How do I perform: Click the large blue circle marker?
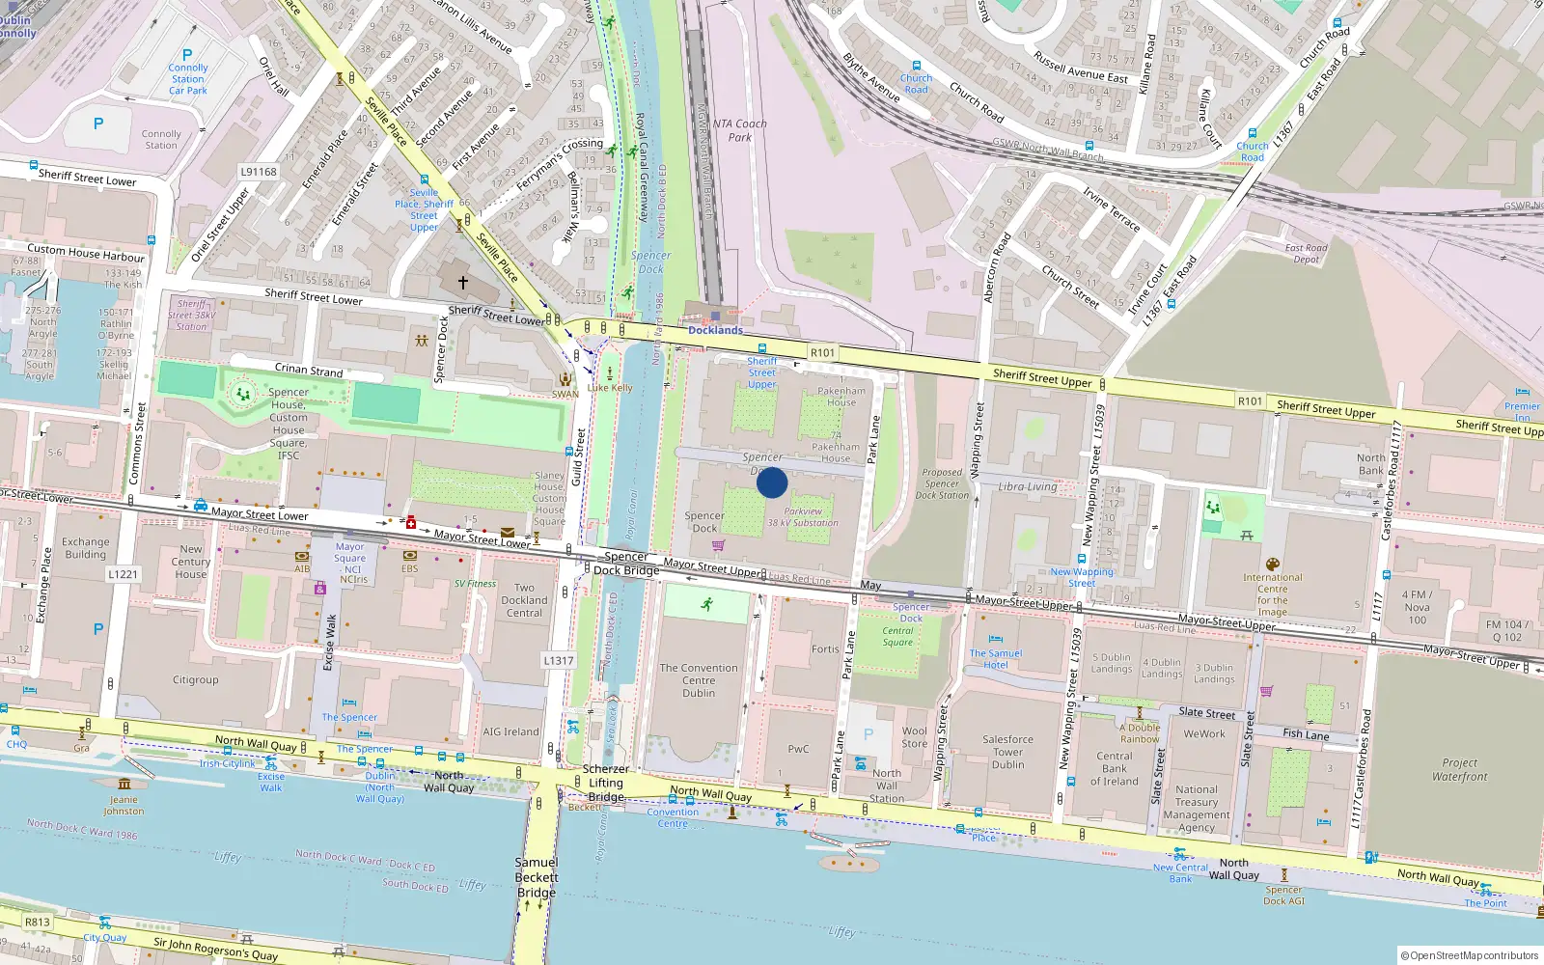(772, 482)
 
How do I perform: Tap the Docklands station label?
(715, 330)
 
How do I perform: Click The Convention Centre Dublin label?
(699, 680)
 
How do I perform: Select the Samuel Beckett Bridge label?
(537, 877)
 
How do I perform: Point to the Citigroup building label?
(196, 679)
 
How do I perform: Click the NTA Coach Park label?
(739, 130)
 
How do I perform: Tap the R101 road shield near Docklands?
(822, 353)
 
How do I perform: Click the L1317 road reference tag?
(559, 661)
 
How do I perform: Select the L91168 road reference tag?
(259, 172)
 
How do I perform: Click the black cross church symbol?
(463, 283)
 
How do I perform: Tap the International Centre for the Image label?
(1272, 594)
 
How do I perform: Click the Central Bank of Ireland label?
(1115, 769)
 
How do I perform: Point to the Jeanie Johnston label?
(124, 805)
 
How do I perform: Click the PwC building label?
(798, 749)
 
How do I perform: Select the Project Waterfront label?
(1459, 769)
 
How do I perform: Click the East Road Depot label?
(1306, 253)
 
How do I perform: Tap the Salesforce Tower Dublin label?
(1007, 752)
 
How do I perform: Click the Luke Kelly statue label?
(610, 388)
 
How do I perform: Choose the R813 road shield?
(38, 922)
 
